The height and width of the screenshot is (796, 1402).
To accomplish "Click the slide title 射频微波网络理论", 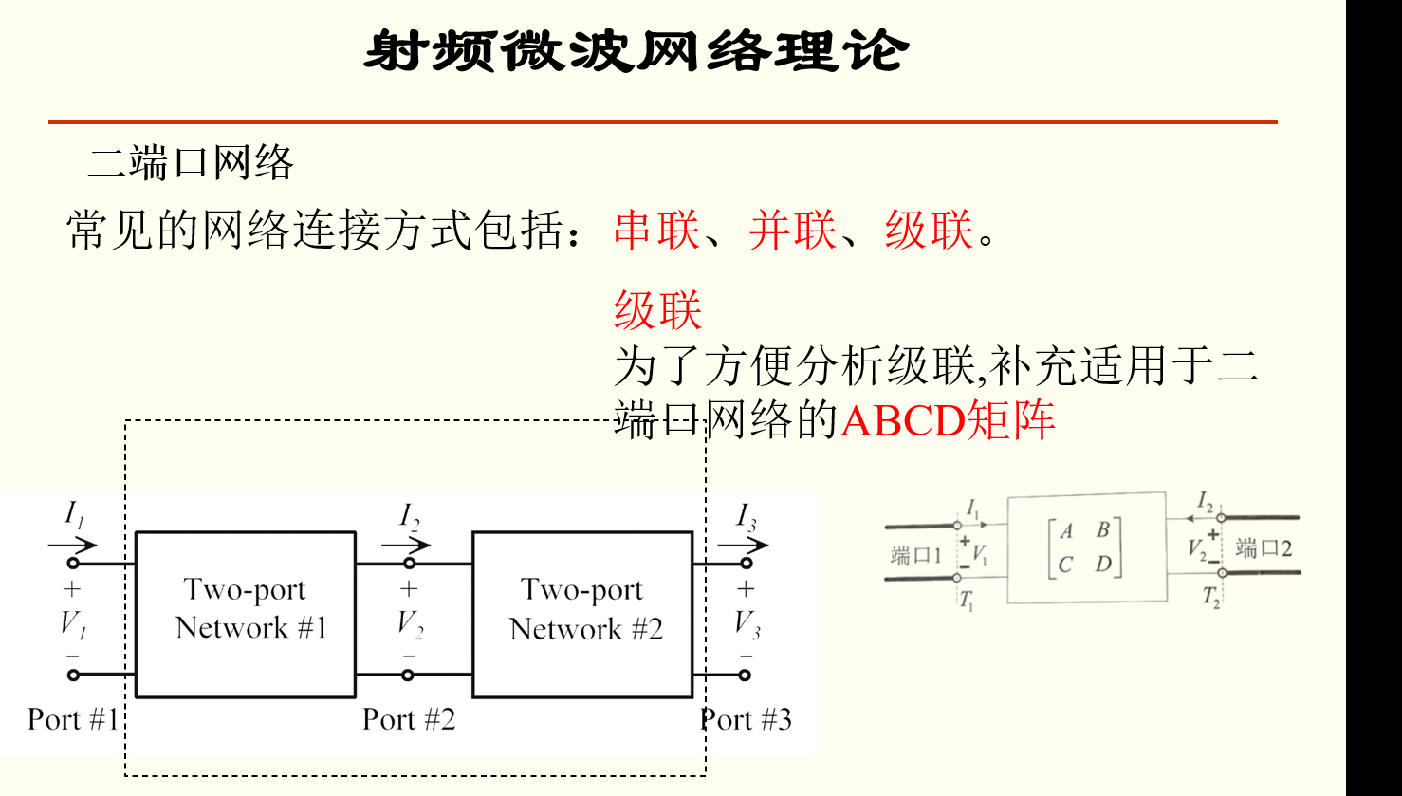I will pos(636,50).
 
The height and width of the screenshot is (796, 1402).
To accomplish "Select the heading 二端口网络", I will pos(191,163).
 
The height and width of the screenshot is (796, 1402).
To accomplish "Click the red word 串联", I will pos(656,230).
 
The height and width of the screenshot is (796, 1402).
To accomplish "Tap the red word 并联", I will pos(792,230).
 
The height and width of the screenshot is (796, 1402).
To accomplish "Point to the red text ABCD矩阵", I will pos(947,420).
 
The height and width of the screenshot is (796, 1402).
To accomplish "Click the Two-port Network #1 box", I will pos(246,614).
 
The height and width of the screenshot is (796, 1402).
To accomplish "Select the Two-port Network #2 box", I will pos(582,614).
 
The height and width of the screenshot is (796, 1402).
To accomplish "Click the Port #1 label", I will pos(73,719).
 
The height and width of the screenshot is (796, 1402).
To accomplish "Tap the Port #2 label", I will pos(409,719).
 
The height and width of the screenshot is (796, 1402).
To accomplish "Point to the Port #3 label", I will pos(747,719).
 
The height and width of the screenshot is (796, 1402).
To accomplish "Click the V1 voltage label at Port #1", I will pos(73,623).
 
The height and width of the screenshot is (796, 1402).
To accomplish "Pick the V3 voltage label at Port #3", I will pos(747,623).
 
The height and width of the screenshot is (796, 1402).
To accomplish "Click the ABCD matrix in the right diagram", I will pos(1085,547).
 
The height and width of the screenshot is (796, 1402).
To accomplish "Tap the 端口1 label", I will pos(915,554).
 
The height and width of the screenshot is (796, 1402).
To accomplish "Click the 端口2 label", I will pos(1264,547).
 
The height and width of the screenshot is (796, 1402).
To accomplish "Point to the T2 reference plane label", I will pos(1211,598).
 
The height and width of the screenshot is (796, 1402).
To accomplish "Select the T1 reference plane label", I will pos(966,601).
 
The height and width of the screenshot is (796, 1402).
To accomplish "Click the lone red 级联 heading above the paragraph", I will pos(657,310).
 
